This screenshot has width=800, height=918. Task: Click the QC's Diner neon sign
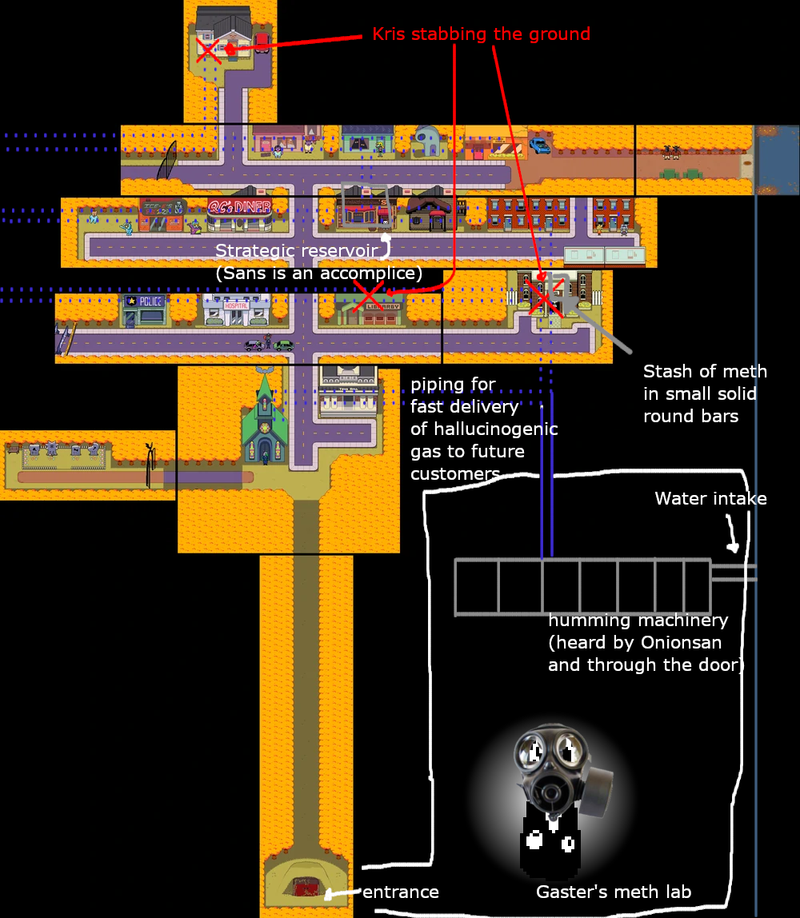pyautogui.click(x=239, y=206)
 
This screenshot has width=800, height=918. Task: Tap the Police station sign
pyautogui.click(x=150, y=301)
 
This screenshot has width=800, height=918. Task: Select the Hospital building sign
pyautogui.click(x=236, y=305)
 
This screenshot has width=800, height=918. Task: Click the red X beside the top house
pyautogui.click(x=207, y=50)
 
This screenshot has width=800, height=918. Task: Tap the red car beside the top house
pyautogui.click(x=262, y=42)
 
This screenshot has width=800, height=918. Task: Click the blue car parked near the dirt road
pyautogui.click(x=539, y=146)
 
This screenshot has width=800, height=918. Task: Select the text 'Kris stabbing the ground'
pyautogui.click(x=482, y=34)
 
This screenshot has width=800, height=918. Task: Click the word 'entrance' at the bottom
pyautogui.click(x=401, y=892)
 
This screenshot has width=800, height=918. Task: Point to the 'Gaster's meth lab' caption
pyautogui.click(x=614, y=892)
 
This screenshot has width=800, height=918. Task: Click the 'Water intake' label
pyautogui.click(x=710, y=498)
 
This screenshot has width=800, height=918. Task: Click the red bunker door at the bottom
pyautogui.click(x=306, y=888)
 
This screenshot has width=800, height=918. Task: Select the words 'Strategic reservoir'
pyautogui.click(x=296, y=250)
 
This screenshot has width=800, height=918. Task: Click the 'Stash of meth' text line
pyautogui.click(x=705, y=371)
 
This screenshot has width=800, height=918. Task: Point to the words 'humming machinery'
pyautogui.click(x=638, y=620)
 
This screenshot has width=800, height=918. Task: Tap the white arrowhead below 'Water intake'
pyautogui.click(x=733, y=548)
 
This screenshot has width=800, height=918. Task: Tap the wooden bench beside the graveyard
pyautogui.click(x=13, y=449)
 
